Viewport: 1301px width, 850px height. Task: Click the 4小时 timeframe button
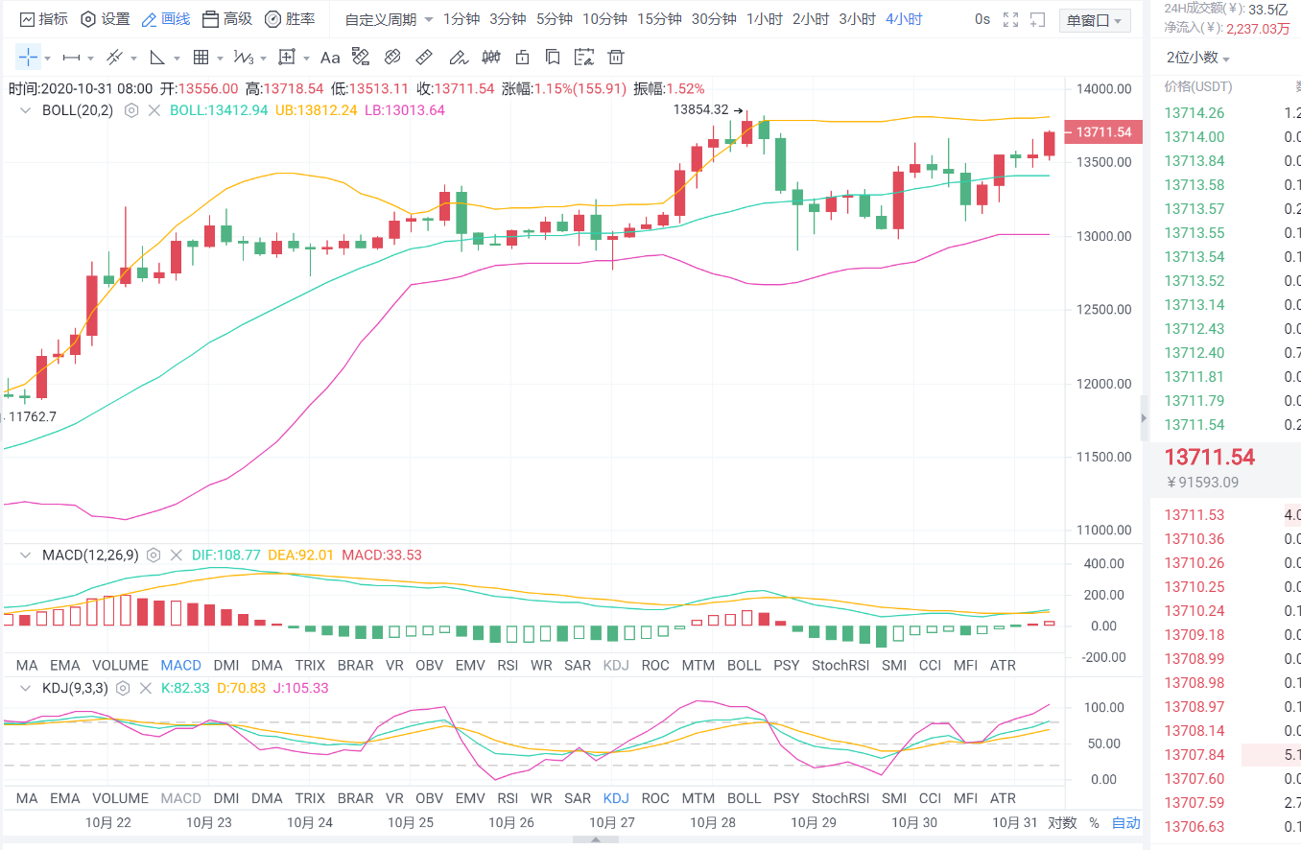[904, 19]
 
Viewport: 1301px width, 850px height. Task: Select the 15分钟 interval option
[659, 19]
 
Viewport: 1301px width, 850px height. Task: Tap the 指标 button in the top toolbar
[44, 19]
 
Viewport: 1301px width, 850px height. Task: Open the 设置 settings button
[106, 19]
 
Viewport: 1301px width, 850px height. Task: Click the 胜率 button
[290, 19]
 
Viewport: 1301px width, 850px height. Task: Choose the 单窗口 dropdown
[1095, 20]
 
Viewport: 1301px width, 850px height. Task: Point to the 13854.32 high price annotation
[700, 109]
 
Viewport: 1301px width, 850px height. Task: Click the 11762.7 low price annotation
[33, 416]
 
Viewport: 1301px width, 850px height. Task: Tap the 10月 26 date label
[510, 822]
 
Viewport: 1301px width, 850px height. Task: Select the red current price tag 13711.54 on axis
[1103, 132]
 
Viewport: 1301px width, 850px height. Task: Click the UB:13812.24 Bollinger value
[316, 110]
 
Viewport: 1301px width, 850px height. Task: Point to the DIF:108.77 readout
[226, 555]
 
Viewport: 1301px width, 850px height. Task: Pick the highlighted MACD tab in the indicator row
[180, 665]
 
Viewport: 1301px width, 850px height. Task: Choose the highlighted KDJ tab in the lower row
[616, 798]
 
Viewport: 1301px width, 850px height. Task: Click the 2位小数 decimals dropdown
[1197, 58]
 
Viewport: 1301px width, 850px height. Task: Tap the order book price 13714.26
[1194, 113]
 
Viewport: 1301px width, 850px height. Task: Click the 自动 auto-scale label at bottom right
[1125, 822]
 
